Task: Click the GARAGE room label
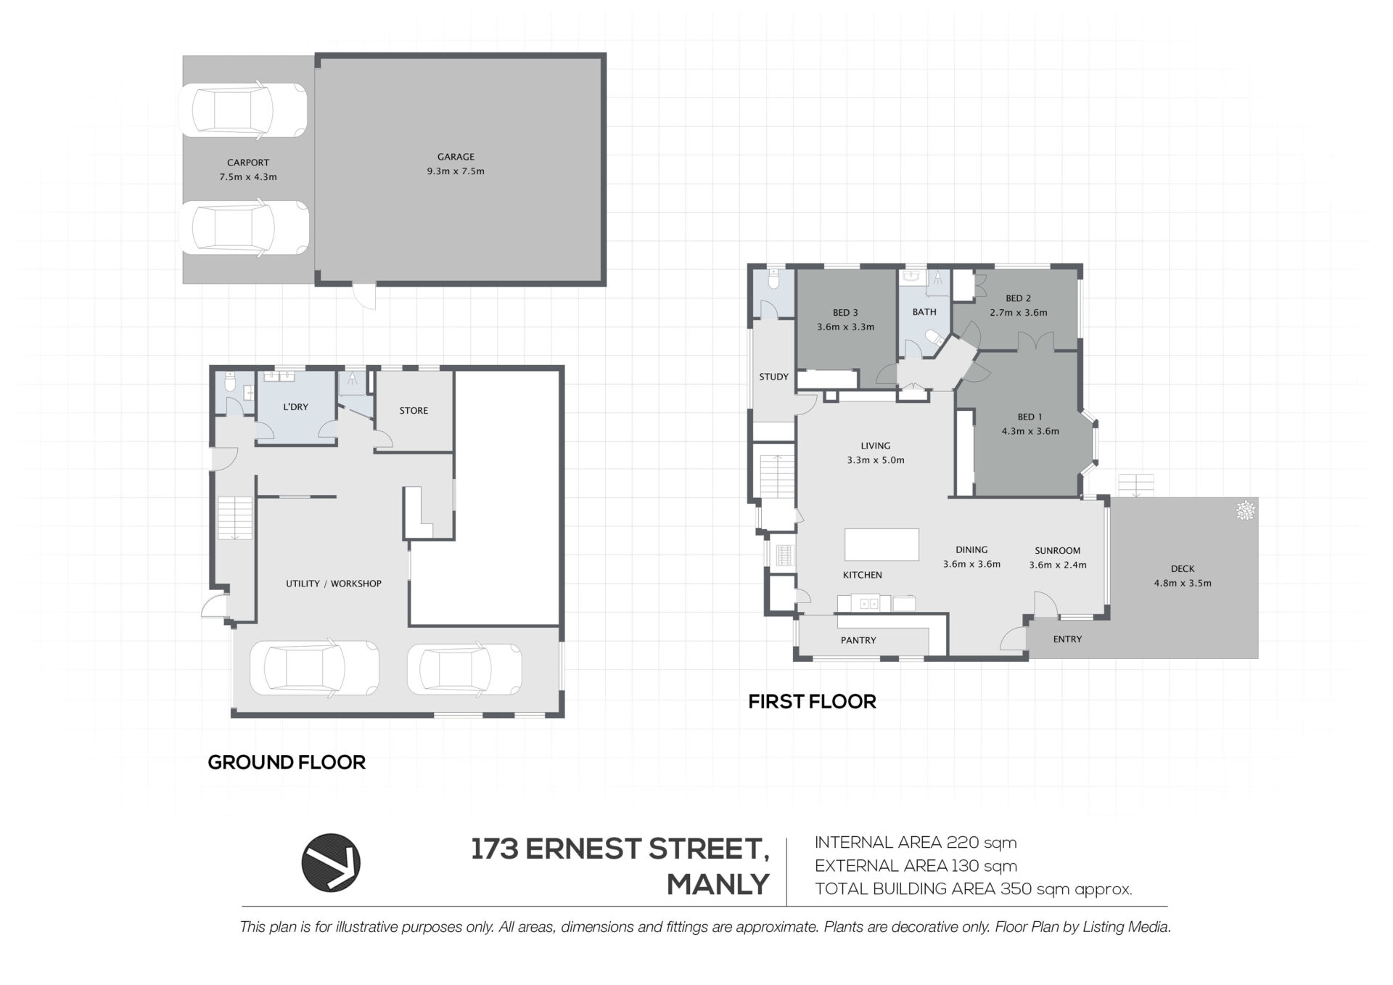456,157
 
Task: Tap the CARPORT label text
248,163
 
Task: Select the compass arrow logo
331,862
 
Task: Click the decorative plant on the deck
1246,510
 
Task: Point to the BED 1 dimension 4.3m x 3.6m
1030,431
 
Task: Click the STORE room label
414,411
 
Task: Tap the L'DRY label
295,407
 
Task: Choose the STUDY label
773,377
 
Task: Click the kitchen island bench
882,544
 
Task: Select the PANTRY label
858,640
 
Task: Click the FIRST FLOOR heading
812,702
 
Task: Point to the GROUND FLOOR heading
287,762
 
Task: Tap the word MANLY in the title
718,885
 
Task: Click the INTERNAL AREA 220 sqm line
916,843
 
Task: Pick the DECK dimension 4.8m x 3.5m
1183,583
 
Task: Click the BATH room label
924,312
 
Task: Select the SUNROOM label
1058,551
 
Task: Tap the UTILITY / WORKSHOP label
333,584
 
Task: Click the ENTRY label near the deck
1067,639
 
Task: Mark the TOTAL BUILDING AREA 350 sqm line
974,889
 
